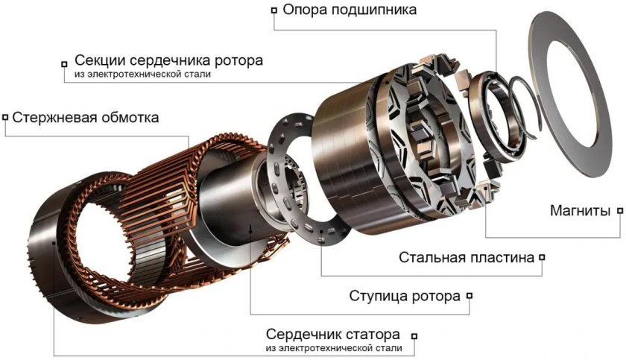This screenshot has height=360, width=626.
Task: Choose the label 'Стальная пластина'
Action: point(467,258)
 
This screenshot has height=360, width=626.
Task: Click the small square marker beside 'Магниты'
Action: point(620,211)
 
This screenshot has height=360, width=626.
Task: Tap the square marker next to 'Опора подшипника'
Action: point(274,10)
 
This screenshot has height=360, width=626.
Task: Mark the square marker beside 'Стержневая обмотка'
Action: point(6,117)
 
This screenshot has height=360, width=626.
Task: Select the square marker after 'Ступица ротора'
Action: point(469,296)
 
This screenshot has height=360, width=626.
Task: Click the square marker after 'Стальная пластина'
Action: point(542,258)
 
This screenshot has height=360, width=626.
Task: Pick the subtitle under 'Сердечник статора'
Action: point(333,348)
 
